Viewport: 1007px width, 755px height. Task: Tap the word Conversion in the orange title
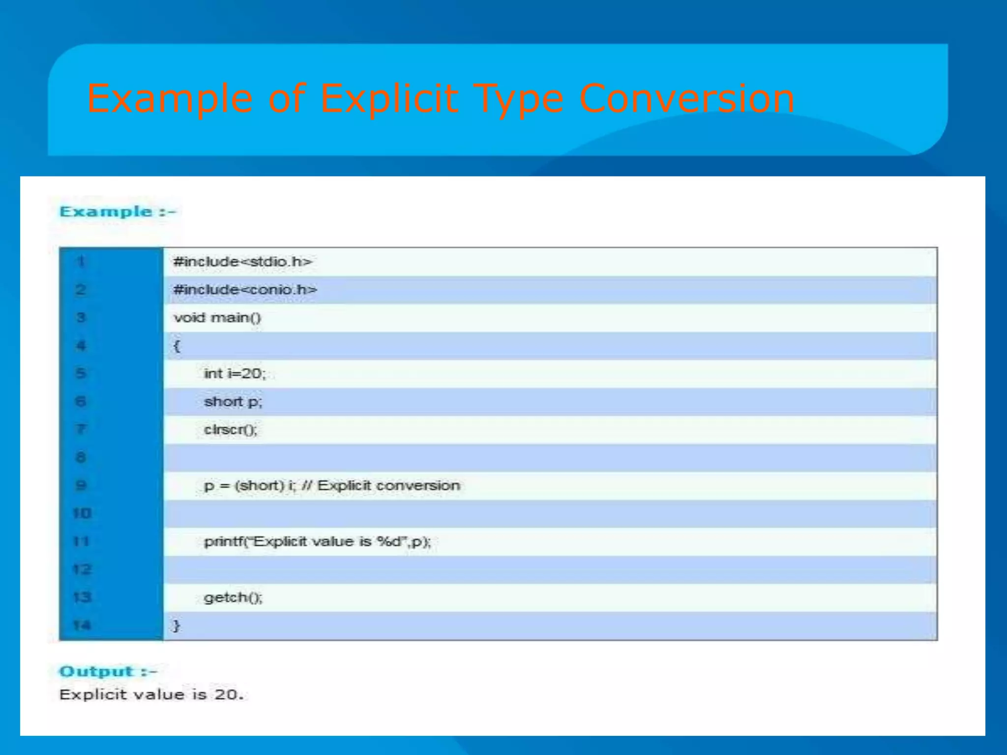[686, 99]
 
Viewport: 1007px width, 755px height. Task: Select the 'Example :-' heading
[117, 212]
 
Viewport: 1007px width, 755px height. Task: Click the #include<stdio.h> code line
[242, 261]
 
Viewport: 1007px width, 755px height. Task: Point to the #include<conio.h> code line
[245, 290]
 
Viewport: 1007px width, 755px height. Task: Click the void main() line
[217, 318]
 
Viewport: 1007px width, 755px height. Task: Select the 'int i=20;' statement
[235, 374]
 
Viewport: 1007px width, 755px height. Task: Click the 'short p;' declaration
[233, 402]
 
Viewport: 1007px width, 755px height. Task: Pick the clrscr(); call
[230, 430]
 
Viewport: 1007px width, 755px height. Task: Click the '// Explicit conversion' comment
[381, 486]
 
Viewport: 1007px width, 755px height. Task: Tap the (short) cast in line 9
[259, 486]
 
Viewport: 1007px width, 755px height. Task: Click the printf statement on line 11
[317, 542]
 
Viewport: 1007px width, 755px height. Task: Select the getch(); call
[233, 598]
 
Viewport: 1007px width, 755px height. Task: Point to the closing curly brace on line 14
[176, 626]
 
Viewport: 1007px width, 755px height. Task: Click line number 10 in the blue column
[82, 514]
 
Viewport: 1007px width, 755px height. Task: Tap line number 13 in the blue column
[82, 598]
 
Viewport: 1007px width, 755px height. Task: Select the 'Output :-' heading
[108, 671]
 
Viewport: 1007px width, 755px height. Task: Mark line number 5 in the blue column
[81, 374]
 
